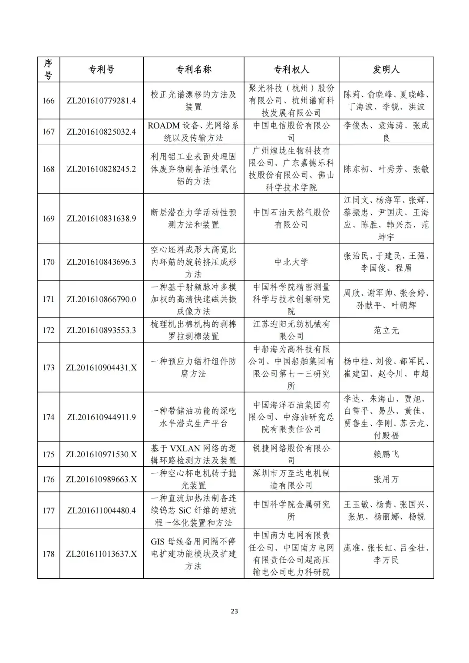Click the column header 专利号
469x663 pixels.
click(x=102, y=69)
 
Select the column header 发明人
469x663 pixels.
click(x=386, y=69)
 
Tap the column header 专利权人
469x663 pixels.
click(x=291, y=69)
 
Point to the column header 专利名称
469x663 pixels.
click(x=193, y=69)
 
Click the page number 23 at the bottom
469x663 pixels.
click(x=234, y=611)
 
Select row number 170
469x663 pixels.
click(x=49, y=262)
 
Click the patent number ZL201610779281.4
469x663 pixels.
click(x=101, y=101)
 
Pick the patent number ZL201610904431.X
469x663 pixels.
click(x=101, y=368)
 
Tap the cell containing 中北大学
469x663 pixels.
click(x=291, y=262)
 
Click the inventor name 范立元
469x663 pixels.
click(x=386, y=330)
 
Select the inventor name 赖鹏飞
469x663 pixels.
click(x=386, y=454)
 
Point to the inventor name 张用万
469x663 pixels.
click(x=386, y=479)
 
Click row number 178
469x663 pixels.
click(x=49, y=554)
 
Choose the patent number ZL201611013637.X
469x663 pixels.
click(x=101, y=554)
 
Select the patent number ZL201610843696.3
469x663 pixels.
click(x=101, y=262)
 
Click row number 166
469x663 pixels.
click(x=49, y=101)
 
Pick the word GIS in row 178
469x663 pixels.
click(x=158, y=542)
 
